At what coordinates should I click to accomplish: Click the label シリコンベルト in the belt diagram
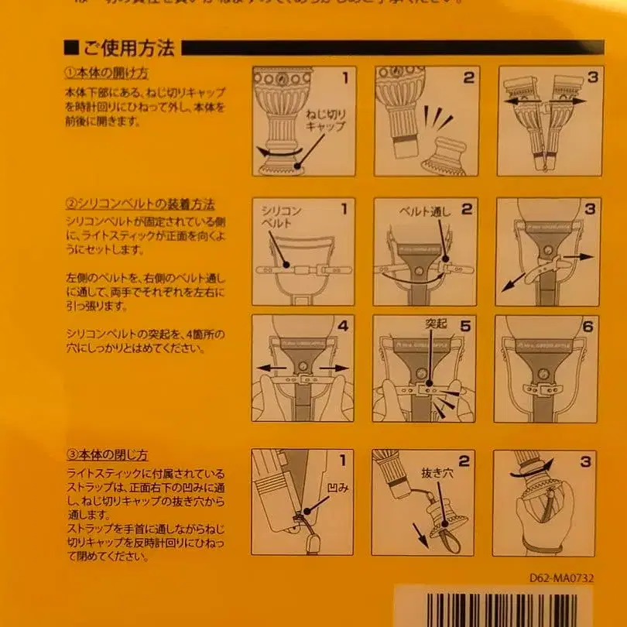click(x=280, y=217)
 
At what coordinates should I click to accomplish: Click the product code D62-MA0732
click(x=561, y=577)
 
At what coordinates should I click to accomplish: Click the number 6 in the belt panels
click(x=588, y=326)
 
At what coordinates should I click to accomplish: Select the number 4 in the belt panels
click(x=343, y=326)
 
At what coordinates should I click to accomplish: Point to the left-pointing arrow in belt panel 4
click(x=270, y=368)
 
